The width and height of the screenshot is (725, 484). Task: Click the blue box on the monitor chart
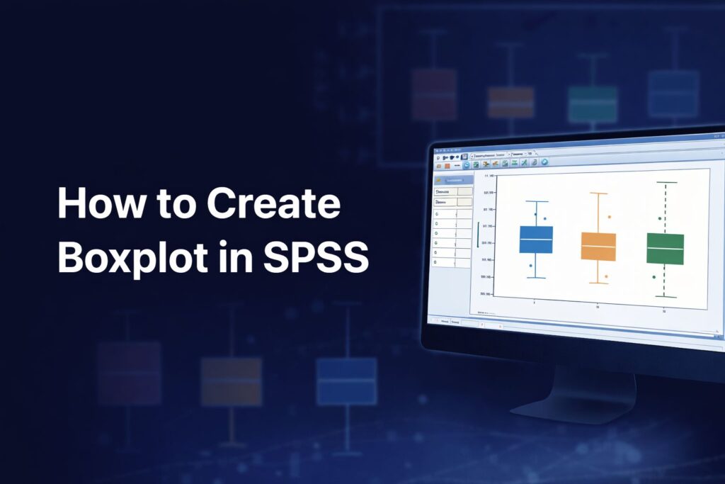point(536,240)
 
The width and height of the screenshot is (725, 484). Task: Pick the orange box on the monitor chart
point(598,246)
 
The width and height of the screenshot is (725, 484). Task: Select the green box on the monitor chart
point(665,249)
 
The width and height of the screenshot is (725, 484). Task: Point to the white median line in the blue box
point(536,239)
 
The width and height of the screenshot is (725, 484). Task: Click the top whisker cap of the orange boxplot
point(599,193)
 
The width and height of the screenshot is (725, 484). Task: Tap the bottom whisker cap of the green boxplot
point(665,296)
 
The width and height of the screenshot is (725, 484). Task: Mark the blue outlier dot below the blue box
point(531,266)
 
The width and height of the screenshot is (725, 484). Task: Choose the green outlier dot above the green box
point(660,218)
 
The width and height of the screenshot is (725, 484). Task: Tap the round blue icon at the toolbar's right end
point(544,162)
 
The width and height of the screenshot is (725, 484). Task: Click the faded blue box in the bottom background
point(346,381)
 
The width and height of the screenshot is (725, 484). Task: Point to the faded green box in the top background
point(592,104)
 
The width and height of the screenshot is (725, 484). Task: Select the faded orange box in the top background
point(510,102)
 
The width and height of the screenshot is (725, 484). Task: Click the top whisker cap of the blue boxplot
point(537,202)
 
